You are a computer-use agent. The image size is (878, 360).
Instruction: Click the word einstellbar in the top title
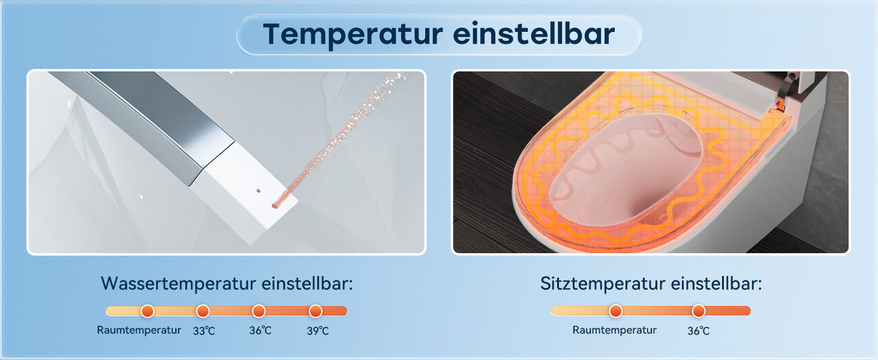534,34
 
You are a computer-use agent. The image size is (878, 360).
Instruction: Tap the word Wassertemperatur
179,284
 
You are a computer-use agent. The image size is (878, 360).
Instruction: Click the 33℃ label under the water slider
204,331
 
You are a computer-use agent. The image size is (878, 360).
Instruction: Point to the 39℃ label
318,331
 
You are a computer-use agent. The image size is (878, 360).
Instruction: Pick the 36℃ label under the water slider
260,331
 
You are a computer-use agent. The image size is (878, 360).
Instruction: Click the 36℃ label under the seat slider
699,331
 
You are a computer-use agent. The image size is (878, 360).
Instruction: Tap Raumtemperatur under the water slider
139,330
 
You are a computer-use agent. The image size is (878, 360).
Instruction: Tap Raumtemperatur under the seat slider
614,330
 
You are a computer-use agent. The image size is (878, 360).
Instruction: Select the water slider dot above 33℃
203,311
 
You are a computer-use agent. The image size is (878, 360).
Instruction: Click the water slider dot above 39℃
315,311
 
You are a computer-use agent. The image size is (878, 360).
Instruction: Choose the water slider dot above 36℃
258,311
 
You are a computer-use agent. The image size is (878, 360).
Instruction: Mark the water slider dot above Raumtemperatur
148,311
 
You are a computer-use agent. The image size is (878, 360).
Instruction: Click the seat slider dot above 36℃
699,311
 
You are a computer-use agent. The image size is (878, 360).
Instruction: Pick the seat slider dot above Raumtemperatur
616,311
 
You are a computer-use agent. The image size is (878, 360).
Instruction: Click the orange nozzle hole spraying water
275,205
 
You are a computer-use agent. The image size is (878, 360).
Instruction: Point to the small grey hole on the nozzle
258,191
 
